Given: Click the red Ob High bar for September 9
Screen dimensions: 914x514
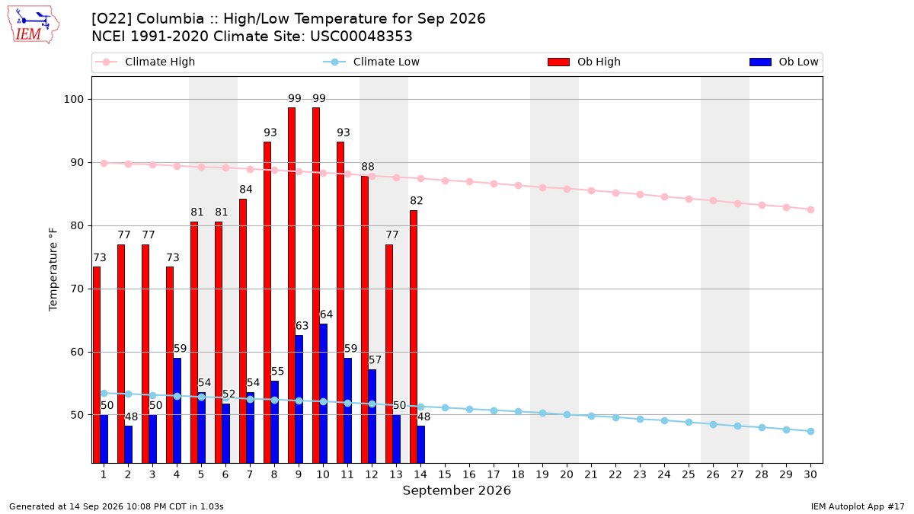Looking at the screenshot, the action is click(292, 285).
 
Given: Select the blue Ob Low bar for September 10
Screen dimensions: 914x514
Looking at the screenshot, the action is click(323, 393).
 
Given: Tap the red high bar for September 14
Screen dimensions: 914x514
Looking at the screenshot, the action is click(414, 337).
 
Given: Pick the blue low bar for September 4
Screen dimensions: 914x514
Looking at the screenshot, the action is click(177, 410).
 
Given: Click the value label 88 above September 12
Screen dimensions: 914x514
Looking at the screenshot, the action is click(368, 167).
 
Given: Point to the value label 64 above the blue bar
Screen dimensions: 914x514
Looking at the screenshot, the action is click(326, 314).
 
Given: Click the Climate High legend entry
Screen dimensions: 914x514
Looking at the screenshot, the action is click(145, 62).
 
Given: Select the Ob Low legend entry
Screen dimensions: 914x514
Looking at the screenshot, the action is click(784, 62).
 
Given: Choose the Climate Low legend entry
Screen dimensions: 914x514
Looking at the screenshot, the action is click(372, 62).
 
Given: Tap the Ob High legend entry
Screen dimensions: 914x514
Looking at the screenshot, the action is click(584, 62).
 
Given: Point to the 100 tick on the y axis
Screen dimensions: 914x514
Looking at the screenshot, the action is click(73, 100).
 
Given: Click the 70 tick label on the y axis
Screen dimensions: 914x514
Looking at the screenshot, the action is click(77, 289).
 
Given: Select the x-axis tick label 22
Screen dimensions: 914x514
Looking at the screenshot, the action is click(615, 474).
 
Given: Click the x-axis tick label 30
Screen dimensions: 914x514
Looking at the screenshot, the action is click(810, 474).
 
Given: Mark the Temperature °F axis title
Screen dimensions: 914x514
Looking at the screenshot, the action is click(53, 270).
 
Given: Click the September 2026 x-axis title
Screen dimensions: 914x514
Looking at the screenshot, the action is click(456, 490).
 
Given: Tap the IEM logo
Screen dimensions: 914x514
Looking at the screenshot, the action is click(34, 25).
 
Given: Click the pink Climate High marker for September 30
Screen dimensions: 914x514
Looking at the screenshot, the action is click(810, 209).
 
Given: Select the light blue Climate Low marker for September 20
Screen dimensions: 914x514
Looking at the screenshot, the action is click(567, 414).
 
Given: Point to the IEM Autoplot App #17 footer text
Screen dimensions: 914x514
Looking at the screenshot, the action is click(858, 506).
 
